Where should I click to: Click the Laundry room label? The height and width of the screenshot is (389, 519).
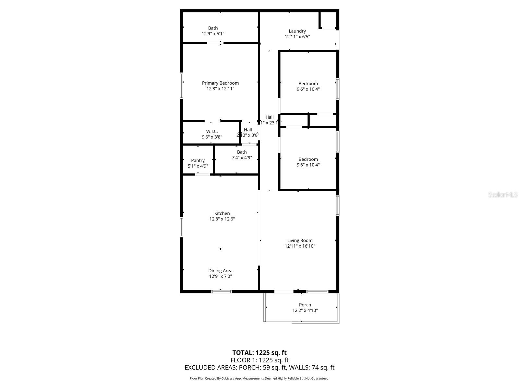coord(297,31)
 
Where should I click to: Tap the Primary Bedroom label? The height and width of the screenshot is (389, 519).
coord(220,83)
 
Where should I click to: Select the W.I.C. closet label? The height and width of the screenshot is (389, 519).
coord(212,131)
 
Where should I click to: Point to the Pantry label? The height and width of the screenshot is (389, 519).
coord(198,160)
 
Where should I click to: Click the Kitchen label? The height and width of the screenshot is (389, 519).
coord(222,213)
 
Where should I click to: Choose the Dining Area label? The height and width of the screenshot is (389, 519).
coord(220,271)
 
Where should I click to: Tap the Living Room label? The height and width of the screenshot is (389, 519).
coord(300,241)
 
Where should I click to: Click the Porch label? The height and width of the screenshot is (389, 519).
coord(305,305)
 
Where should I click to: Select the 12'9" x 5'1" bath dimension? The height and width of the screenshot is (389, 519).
coord(213,34)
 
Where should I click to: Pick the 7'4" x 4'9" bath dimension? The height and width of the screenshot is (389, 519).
coord(242,158)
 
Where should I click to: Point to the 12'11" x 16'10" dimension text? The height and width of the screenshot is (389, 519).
coord(300,246)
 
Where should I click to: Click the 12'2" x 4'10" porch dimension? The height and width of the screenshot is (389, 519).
coord(305,311)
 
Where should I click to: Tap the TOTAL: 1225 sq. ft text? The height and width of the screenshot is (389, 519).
coord(259,353)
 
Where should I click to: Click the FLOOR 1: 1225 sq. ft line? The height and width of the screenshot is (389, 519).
coord(259,360)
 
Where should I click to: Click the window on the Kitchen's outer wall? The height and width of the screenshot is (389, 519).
coord(181,227)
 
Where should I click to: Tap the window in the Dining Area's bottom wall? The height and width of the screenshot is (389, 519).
coord(222,292)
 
